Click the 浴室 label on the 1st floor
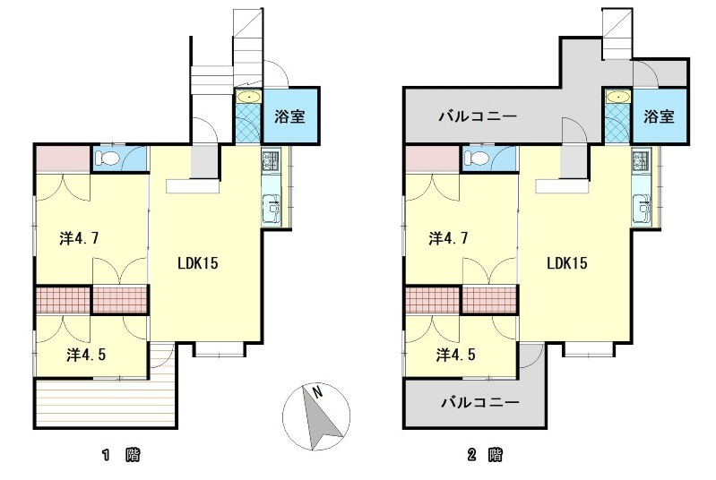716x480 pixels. coord(289,116)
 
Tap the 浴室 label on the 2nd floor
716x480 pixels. coord(659,116)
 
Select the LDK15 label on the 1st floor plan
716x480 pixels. coord(198,263)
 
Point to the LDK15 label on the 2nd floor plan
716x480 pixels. coord(567,263)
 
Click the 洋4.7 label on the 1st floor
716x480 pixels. coord(79,238)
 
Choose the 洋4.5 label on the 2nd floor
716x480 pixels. coord(456,355)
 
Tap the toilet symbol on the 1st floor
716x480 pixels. coord(108,159)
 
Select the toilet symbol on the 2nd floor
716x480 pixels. coord(477,159)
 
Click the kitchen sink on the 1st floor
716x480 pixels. coord(272,208)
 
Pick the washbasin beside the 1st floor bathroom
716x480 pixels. coord(248,98)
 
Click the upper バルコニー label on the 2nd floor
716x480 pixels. coord(478,116)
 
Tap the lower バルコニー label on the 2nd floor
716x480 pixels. coord(480,402)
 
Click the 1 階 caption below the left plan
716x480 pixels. coord(121,454)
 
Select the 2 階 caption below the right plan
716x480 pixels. coord(485,454)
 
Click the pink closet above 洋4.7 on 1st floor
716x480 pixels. coord(63,158)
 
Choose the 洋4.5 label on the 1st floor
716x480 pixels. coord(86,355)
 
